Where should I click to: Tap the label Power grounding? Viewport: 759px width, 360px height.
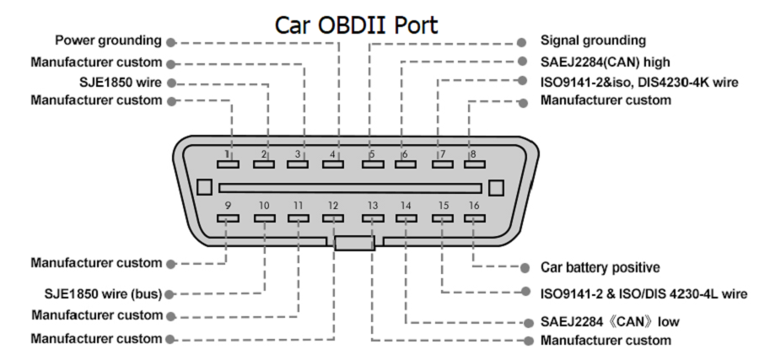(108, 40)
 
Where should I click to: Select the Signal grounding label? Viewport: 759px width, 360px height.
(593, 40)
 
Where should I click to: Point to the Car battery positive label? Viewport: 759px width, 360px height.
(600, 267)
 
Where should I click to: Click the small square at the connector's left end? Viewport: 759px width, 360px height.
(203, 187)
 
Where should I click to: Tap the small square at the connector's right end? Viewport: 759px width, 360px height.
(497, 187)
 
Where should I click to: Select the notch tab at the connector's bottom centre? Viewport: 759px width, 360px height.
(353, 243)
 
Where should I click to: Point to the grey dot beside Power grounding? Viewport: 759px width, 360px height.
(171, 40)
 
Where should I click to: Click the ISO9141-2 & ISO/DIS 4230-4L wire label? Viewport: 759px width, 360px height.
(643, 294)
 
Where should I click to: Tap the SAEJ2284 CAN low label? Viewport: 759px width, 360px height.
(610, 321)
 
